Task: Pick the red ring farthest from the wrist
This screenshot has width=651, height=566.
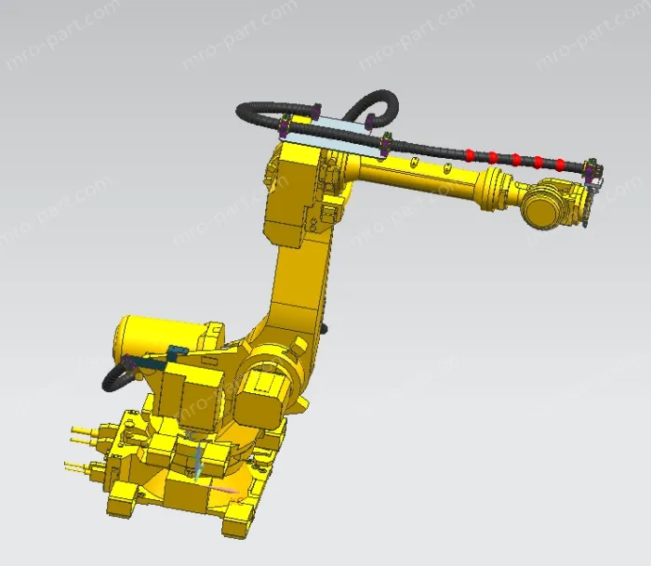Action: [x=471, y=153]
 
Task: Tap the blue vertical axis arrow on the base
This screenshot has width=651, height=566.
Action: [x=198, y=460]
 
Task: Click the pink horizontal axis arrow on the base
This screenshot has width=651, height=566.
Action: [x=223, y=489]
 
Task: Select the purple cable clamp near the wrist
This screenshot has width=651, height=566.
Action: [x=589, y=168]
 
